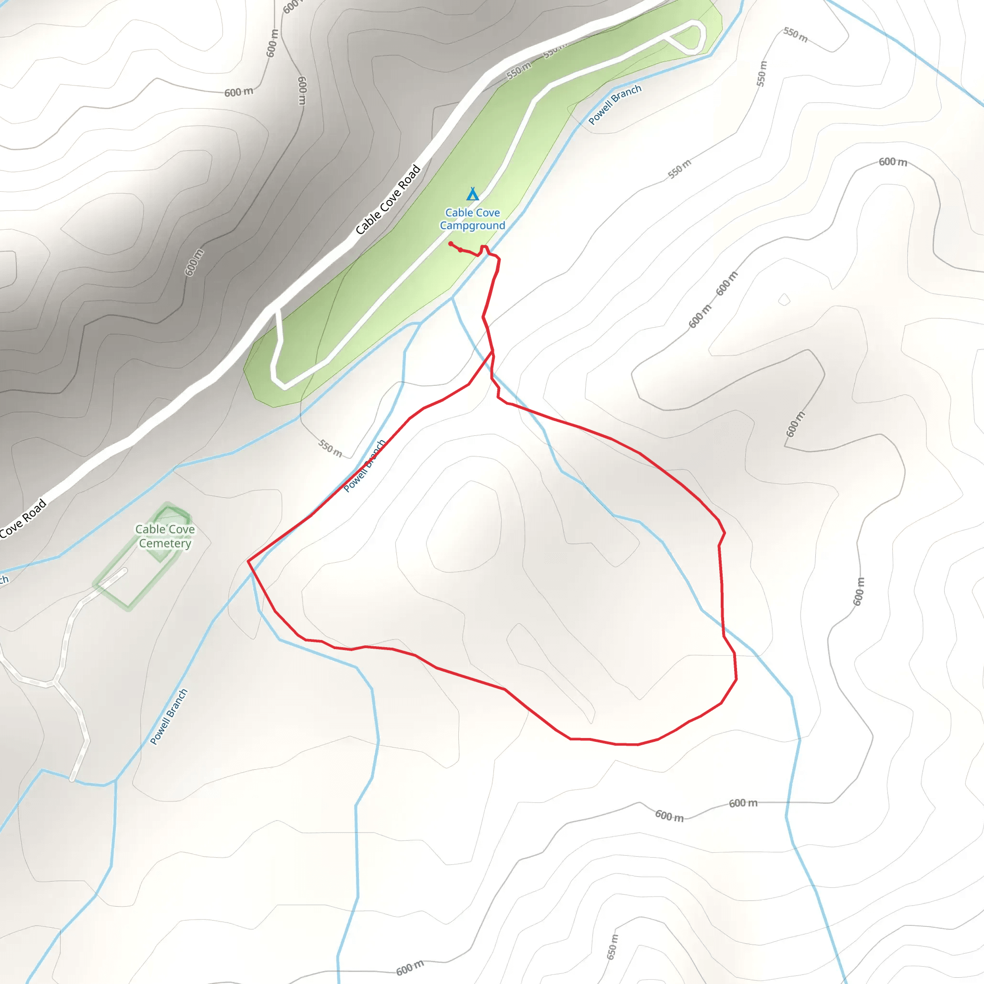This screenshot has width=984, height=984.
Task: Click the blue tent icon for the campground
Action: pos(473,194)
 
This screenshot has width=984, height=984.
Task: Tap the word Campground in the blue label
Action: pos(472,226)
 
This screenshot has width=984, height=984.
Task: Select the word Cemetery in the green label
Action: pos(165,543)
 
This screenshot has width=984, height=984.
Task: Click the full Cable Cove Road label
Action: pos(388,200)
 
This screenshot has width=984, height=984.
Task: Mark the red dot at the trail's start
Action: pos(451,244)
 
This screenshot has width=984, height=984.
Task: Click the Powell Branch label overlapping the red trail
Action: pos(365,466)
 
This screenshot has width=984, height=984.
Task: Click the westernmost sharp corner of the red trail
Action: pos(248,561)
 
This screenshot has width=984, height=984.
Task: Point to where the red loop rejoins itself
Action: pos(492,351)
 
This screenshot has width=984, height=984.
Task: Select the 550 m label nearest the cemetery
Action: pos(331,448)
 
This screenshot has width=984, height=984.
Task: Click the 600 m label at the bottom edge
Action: pos(409,968)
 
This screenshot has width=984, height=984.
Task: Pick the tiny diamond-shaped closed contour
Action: pos(784,299)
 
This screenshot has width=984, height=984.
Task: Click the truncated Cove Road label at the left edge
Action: pos(24,518)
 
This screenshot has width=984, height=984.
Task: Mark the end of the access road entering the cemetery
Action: pos(124,571)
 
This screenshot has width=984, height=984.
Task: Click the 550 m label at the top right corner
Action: pos(796,35)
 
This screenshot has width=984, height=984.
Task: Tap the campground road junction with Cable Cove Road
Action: pos(277,309)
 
